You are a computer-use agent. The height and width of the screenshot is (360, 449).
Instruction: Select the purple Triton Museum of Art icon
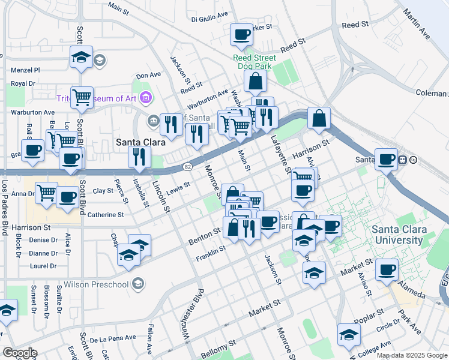(145, 97)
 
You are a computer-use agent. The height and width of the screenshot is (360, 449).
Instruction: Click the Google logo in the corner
(19, 353)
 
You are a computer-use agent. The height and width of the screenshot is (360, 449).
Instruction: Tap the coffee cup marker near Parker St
(242, 35)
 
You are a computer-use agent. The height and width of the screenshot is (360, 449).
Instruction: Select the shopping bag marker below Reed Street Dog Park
(256, 82)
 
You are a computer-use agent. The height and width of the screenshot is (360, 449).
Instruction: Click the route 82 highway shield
(187, 166)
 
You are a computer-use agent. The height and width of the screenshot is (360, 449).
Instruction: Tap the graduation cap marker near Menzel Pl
(81, 57)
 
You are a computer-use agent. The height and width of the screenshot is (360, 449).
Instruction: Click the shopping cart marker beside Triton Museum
(82, 97)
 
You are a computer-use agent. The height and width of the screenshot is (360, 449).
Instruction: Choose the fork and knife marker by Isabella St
(139, 157)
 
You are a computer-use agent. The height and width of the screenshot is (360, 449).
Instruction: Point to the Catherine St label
(106, 214)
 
